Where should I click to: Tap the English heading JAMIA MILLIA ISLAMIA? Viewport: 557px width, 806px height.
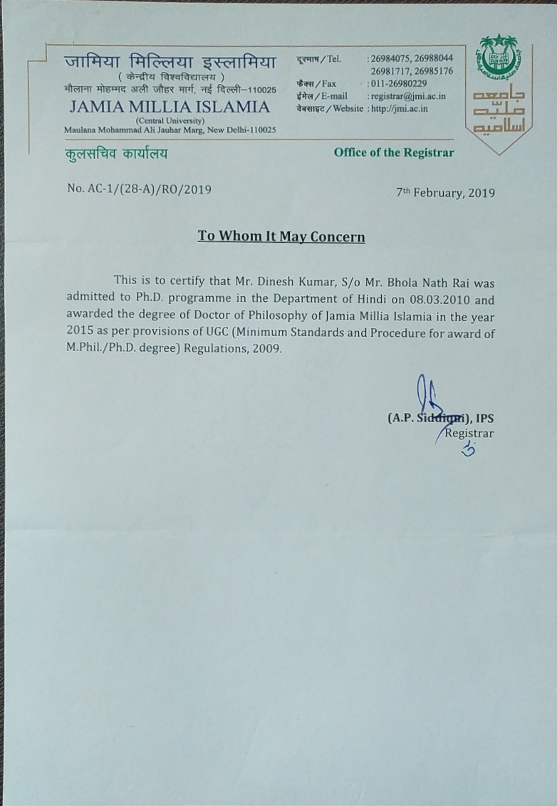tap(170, 108)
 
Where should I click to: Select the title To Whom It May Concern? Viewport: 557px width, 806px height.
tap(281, 236)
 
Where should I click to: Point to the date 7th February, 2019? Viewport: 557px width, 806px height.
tap(445, 193)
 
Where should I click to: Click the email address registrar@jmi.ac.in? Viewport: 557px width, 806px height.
tap(408, 96)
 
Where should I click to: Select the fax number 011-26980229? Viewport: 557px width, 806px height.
tap(399, 83)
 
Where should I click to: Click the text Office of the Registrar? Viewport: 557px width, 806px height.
tap(393, 152)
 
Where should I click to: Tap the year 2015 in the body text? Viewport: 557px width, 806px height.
tap(80, 333)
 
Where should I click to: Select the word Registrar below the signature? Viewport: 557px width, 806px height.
tap(469, 433)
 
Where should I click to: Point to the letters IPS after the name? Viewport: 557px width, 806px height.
tap(484, 419)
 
